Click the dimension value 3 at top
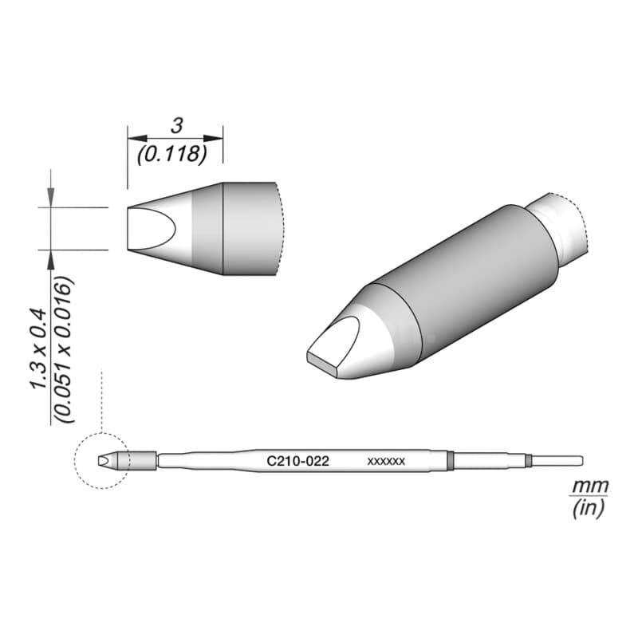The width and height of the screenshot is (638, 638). (176, 126)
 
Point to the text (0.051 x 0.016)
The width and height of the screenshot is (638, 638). (64, 350)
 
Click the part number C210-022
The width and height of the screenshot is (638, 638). (297, 461)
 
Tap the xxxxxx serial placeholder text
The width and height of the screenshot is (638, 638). (386, 462)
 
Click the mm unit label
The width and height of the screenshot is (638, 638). (590, 486)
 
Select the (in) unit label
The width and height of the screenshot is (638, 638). (588, 508)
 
